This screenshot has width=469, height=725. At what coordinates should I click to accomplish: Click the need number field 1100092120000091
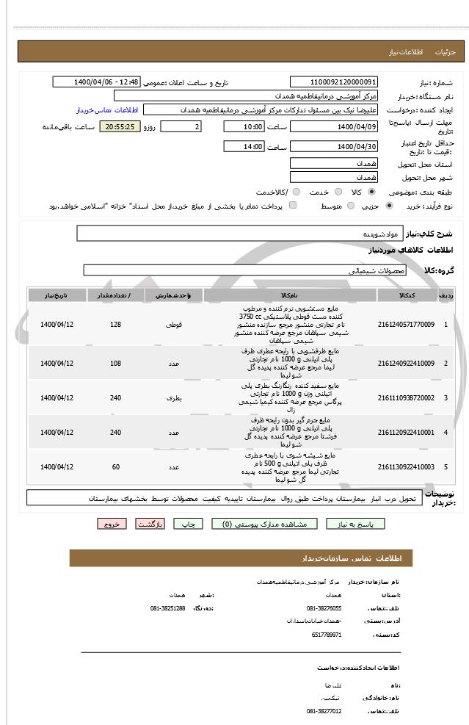pos(334,82)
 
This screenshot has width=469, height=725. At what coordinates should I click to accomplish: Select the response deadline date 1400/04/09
pos(334,127)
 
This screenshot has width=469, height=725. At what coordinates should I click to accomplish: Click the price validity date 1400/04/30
pos(334,146)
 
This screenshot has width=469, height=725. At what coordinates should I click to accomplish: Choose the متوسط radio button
pos(350,206)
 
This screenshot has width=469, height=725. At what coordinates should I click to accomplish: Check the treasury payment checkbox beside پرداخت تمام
pos(294,206)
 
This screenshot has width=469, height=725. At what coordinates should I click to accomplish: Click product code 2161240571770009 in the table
pos(406,324)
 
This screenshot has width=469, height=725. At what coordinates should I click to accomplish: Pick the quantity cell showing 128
pos(115,324)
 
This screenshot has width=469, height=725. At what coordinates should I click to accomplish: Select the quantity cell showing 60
pos(115,466)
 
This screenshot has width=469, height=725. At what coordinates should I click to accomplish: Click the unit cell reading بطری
pos(174,397)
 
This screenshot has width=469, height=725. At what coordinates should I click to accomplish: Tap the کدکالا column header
pos(406,295)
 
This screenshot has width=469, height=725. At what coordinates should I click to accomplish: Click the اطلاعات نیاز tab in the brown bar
pos(406,52)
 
